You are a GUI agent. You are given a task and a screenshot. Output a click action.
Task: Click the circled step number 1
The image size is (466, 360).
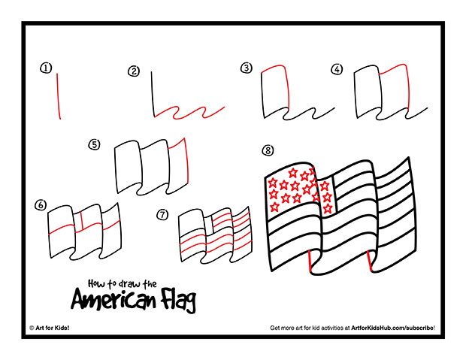[x=47, y=68]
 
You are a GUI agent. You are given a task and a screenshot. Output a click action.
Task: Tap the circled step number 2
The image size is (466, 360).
[x=134, y=71]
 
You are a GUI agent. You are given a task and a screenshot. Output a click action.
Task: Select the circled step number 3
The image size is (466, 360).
[x=245, y=68]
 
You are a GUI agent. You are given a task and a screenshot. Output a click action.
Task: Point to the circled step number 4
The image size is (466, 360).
[x=337, y=69]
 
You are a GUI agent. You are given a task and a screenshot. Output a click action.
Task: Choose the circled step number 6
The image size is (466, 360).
[x=41, y=204]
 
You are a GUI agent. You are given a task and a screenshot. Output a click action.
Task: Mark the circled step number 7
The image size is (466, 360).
[x=162, y=214]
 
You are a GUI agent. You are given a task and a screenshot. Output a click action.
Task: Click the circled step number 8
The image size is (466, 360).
[x=268, y=150]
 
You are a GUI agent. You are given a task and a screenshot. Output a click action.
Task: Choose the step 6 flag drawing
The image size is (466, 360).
[x=83, y=228]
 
